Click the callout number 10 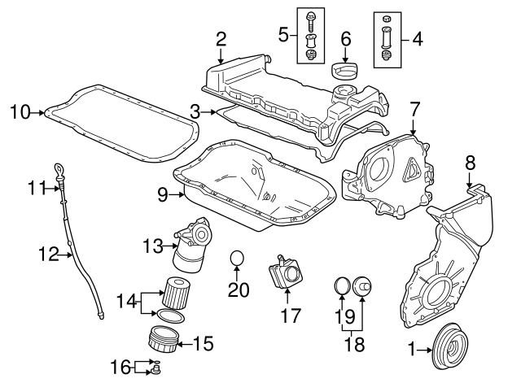click(x=20, y=112)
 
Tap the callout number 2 click(x=221, y=37)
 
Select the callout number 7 click(x=414, y=108)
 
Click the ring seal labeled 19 click(x=342, y=285)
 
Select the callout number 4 click(x=418, y=37)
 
